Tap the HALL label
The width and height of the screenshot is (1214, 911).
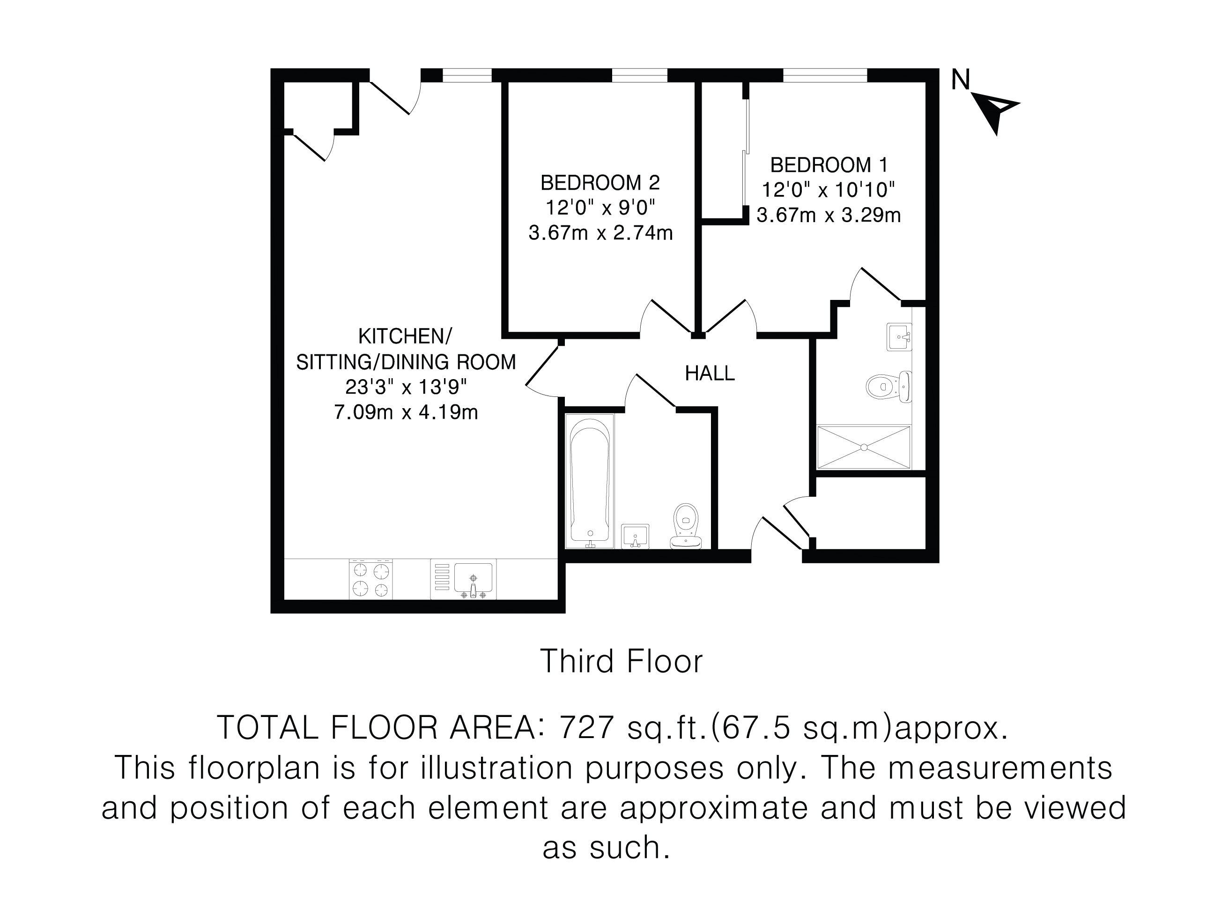coord(710,373)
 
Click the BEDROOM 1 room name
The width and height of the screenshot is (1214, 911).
coord(829,165)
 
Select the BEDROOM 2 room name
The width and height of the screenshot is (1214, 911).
coord(600,182)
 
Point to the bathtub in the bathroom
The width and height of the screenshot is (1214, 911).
coord(590,481)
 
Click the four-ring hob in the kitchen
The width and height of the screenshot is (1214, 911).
coord(370,579)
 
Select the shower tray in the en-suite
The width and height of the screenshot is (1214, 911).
coord(864,447)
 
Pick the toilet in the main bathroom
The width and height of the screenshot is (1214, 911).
coord(686,526)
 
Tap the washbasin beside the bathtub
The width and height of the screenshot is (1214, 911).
coord(635,536)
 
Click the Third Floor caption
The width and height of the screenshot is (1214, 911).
coord(621,661)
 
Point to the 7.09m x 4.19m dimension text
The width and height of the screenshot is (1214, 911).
coord(406,412)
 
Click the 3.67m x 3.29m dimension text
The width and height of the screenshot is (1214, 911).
coord(829,215)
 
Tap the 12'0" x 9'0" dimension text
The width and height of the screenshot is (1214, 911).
coord(600,208)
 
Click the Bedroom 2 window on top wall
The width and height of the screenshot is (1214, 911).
coord(639,75)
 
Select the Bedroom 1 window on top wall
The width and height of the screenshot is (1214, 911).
coord(825,75)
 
